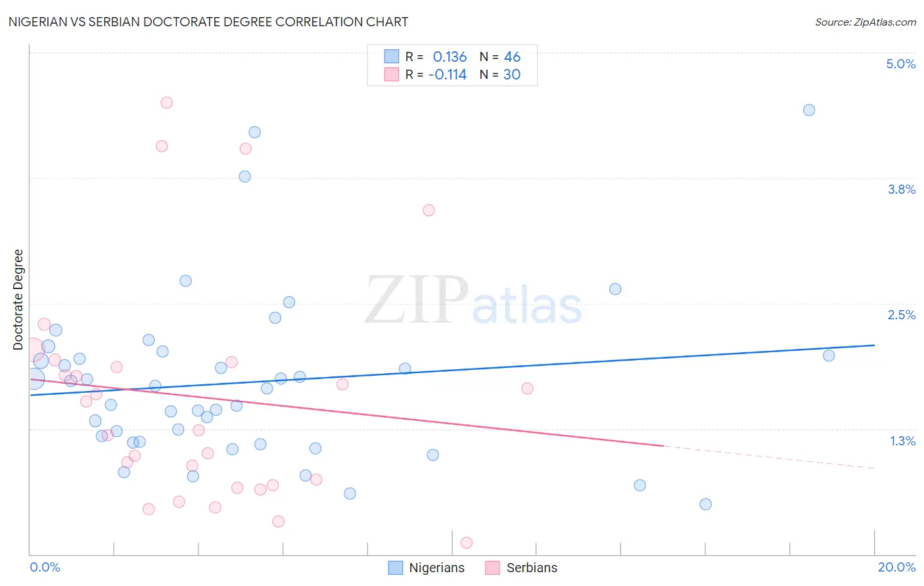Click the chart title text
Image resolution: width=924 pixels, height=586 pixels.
pyautogui.click(x=208, y=22)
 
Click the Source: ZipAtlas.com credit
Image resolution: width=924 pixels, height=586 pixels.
pyautogui.click(x=865, y=22)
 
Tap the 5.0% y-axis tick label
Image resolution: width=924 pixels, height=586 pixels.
pyautogui.click(x=900, y=64)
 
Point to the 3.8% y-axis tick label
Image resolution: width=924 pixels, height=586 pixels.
pyautogui.click(x=901, y=189)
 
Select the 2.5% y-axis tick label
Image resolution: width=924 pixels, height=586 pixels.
pyautogui.click(x=901, y=315)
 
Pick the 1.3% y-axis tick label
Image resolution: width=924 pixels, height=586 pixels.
pyautogui.click(x=902, y=441)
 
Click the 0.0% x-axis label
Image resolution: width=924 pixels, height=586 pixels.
pyautogui.click(x=45, y=567)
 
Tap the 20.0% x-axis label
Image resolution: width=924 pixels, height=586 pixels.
pyautogui.click(x=896, y=567)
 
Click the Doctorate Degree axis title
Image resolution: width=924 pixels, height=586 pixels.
pyautogui.click(x=18, y=300)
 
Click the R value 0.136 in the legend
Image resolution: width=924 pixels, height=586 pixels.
pyautogui.click(x=450, y=57)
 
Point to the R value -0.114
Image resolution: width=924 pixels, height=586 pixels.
pyautogui.click(x=447, y=75)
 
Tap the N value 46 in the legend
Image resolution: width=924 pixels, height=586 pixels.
pyautogui.click(x=512, y=57)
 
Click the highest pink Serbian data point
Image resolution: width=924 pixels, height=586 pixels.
pyautogui.click(x=167, y=102)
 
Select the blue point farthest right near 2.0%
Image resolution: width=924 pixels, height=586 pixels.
pyautogui.click(x=829, y=355)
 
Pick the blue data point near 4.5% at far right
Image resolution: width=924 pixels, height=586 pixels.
pyautogui.click(x=809, y=110)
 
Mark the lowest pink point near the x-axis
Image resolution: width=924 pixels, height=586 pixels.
pyautogui.click(x=467, y=543)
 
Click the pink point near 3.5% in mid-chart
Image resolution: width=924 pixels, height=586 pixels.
pyautogui.click(x=428, y=210)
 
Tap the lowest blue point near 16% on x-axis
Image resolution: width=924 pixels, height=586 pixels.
pyautogui.click(x=705, y=504)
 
